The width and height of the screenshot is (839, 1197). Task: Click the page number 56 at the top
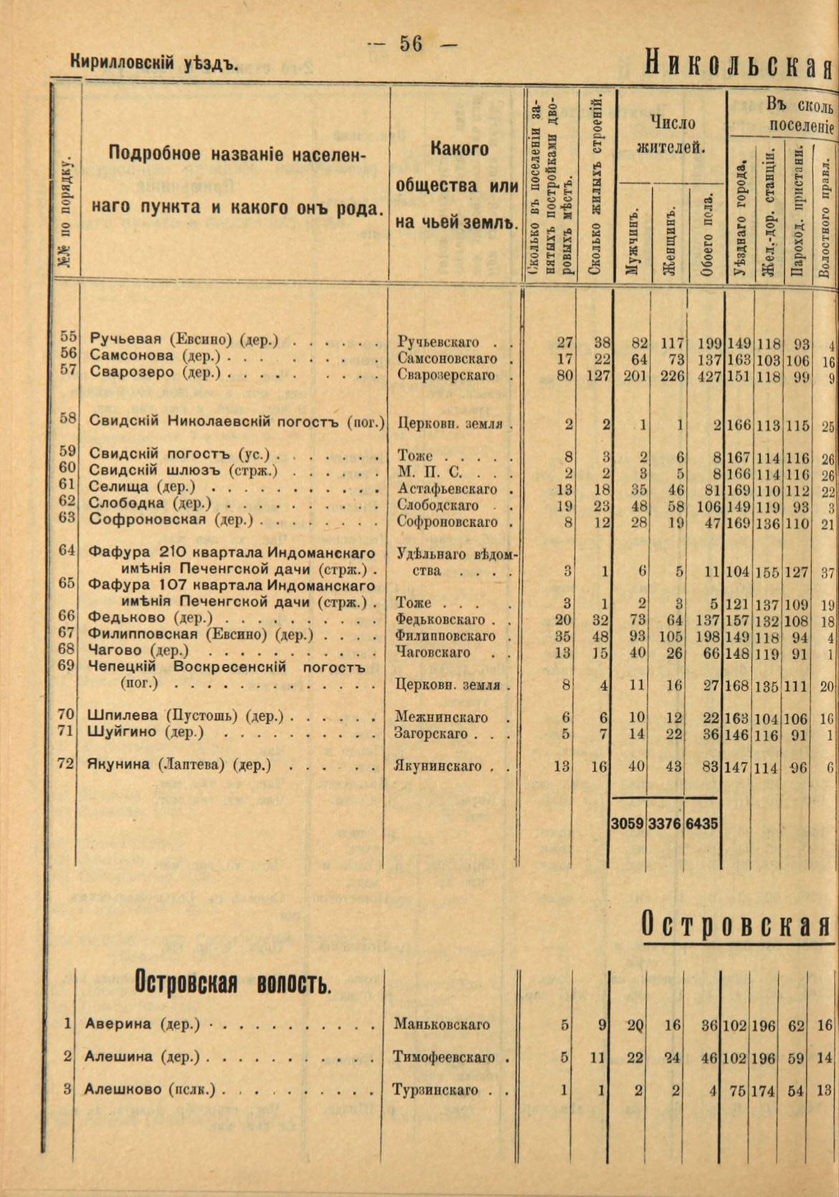tap(411, 44)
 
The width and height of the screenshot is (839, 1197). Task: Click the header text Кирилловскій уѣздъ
tap(154, 64)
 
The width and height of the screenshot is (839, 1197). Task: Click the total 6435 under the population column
tap(701, 825)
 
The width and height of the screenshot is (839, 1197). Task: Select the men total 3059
tap(628, 825)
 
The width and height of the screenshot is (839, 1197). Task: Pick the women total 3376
tap(664, 825)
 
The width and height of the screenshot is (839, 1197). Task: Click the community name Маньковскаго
tap(442, 1024)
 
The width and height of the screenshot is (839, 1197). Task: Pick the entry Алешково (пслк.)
tap(150, 1090)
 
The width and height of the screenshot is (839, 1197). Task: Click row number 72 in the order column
tap(67, 764)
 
